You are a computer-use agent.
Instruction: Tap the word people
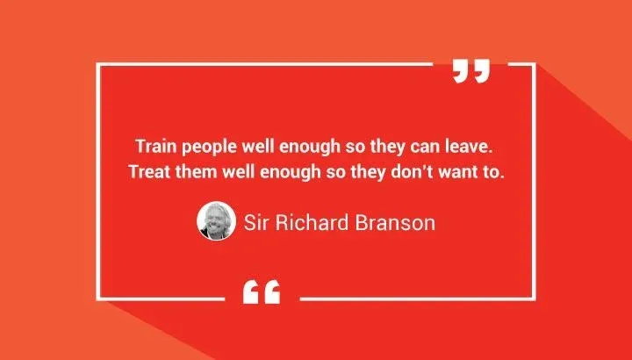204,144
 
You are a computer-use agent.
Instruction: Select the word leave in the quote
475,143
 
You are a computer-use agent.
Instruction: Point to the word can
433,144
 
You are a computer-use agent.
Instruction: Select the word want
465,171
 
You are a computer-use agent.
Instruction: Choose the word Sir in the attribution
258,222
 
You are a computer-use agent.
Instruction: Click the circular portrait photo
215,222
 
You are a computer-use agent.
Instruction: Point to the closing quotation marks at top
470,70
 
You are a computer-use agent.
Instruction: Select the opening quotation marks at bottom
262,292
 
